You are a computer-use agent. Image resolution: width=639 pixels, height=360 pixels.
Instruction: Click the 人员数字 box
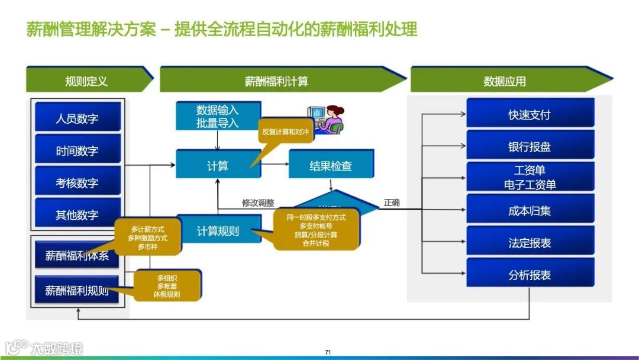78,117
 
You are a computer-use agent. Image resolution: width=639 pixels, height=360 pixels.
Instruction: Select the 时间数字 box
78,150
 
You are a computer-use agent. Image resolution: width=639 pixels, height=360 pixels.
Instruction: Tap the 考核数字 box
78,182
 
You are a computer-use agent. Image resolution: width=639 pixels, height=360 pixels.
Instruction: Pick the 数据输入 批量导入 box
217,116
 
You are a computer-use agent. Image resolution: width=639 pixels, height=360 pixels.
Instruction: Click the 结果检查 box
331,165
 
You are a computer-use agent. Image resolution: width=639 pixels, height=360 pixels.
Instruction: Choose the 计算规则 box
218,230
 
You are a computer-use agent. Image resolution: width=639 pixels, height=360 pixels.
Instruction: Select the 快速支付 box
530,114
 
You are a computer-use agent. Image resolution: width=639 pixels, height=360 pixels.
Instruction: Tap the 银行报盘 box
530,146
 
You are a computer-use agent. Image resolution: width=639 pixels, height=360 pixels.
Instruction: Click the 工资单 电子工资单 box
530,177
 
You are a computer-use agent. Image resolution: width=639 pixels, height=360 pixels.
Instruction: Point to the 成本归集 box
530,210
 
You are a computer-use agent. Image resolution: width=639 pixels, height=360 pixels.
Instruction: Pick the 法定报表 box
530,242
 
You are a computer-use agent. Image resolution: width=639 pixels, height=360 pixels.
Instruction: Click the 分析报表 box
530,274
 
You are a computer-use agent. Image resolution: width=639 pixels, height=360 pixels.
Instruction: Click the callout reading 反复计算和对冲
285,131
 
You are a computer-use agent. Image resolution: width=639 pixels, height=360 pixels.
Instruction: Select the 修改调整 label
258,202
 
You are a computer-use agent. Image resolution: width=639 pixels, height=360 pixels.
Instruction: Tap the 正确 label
392,202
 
